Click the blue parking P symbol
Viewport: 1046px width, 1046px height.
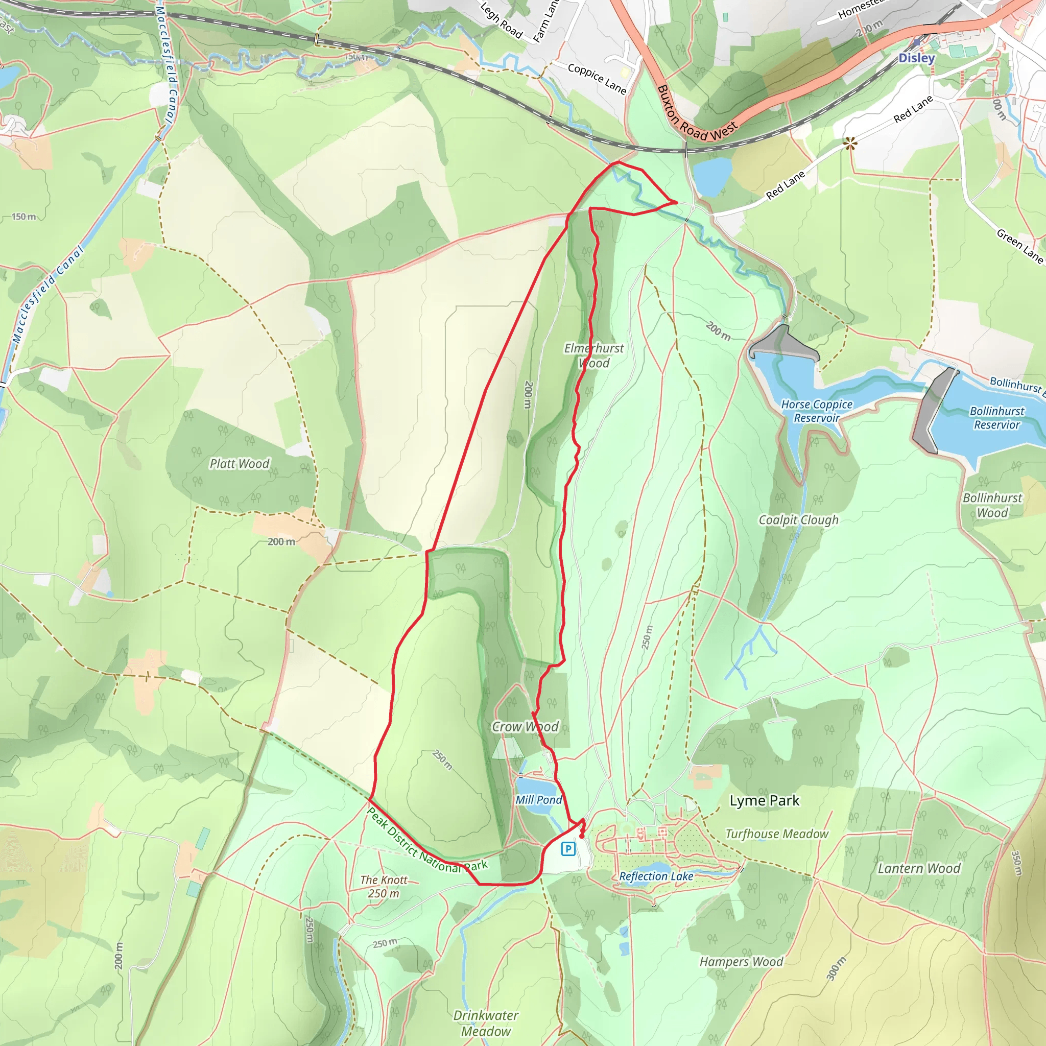[568, 849]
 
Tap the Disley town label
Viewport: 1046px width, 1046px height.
[917, 58]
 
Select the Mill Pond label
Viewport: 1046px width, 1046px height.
[539, 800]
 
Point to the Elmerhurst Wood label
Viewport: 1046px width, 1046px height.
[594, 355]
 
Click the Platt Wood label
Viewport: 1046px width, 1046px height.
[240, 463]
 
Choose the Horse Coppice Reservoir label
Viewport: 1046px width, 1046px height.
[817, 411]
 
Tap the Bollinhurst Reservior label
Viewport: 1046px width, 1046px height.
[997, 418]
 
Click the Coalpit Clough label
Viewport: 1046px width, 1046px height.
[799, 520]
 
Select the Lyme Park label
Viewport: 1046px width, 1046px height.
[765, 800]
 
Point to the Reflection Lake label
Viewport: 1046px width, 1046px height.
[656, 876]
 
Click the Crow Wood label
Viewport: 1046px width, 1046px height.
[525, 727]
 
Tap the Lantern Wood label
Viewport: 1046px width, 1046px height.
[919, 868]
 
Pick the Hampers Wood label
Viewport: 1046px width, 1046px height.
[741, 962]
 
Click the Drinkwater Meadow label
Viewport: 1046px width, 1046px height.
[486, 1023]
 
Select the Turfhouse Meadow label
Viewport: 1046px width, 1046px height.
[777, 834]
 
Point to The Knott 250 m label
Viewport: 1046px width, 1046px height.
[384, 887]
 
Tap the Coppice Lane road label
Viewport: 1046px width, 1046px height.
[597, 79]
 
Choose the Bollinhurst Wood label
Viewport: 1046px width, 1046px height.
[992, 505]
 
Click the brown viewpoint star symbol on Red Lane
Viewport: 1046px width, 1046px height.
[850, 143]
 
